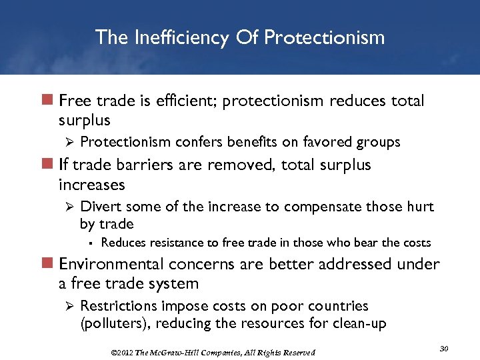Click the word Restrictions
113,306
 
